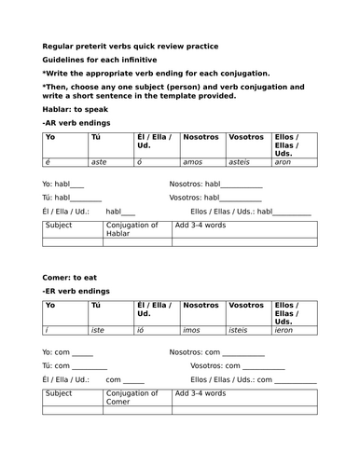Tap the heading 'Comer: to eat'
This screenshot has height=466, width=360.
[71, 278]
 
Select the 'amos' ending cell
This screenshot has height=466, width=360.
[195, 161]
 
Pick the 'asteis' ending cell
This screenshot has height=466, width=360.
[243, 161]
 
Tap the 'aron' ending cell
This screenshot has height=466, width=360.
[285, 161]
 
